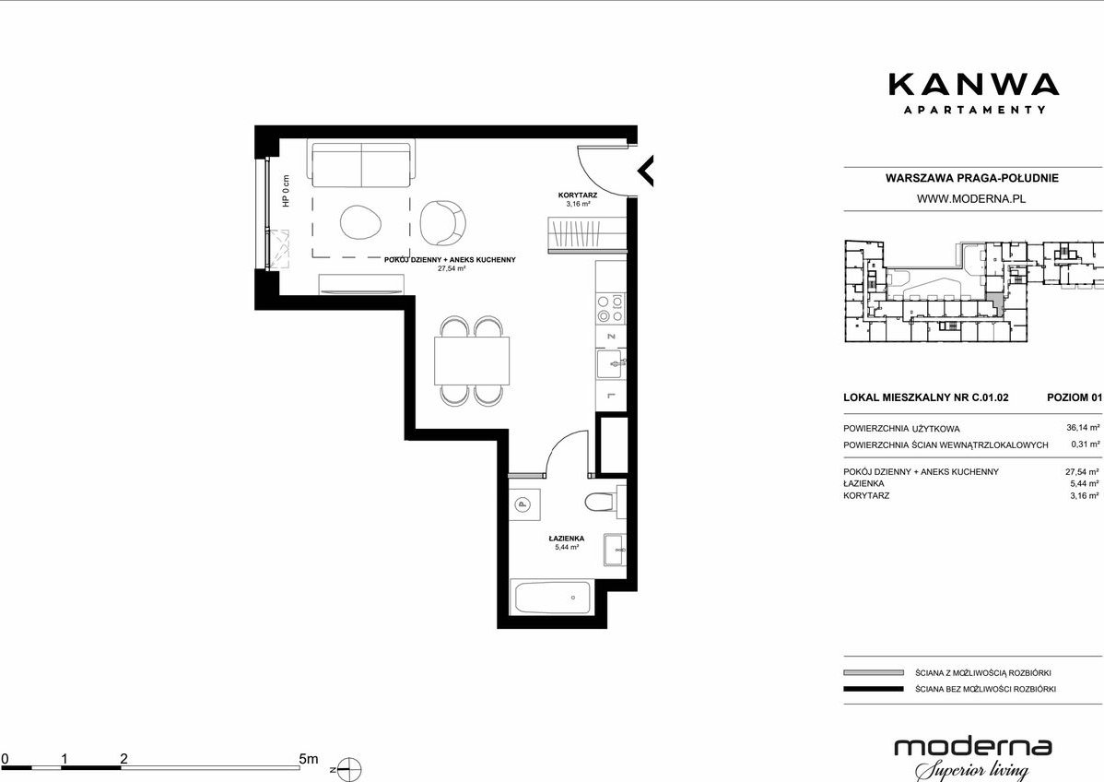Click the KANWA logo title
pyautogui.click(x=973, y=84)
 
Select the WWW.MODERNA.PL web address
pyautogui.click(x=971, y=198)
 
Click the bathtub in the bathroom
pyautogui.click(x=554, y=598)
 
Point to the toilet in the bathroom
pyautogui.click(x=601, y=503)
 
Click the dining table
pyautogui.click(x=472, y=361)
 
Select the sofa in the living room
pyautogui.click(x=361, y=164)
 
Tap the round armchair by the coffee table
pyautogui.click(x=443, y=222)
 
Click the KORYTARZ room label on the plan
pyautogui.click(x=578, y=195)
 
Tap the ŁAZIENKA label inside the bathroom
pyautogui.click(x=567, y=539)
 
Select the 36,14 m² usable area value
pyautogui.click(x=1083, y=427)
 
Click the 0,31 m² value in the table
pyautogui.click(x=1085, y=444)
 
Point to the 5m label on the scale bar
pyautogui.click(x=309, y=759)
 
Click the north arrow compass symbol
pyautogui.click(x=349, y=769)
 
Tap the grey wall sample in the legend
pyautogui.click(x=873, y=673)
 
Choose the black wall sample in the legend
pyautogui.click(x=873, y=689)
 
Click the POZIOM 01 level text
pyautogui.click(x=1074, y=397)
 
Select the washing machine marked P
pyautogui.click(x=523, y=504)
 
